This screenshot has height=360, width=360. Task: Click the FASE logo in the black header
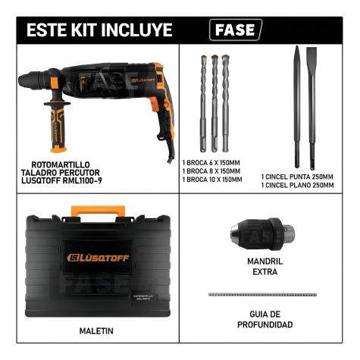tap(236, 30)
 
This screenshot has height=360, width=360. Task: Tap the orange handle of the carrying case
tap(98, 211)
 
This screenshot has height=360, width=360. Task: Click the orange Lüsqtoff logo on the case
tap(98, 258)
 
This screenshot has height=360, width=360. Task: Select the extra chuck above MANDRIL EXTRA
tap(263, 233)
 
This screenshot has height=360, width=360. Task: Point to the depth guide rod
tap(262, 295)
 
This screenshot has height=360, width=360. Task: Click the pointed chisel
tap(297, 107)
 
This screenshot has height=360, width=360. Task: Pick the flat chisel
tap(311, 108)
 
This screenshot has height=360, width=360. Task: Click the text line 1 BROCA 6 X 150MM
tap(211, 163)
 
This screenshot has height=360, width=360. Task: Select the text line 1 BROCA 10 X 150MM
tap(212, 180)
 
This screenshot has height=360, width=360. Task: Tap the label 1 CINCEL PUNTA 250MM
tap(297, 177)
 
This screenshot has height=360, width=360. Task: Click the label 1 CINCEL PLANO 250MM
tap(297, 186)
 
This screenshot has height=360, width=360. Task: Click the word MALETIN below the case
tap(96, 331)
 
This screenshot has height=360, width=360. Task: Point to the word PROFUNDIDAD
tap(265, 324)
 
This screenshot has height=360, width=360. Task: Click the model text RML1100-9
tap(81, 180)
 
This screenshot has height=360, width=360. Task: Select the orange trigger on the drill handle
tap(155, 105)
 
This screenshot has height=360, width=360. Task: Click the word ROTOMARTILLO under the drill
tap(61, 165)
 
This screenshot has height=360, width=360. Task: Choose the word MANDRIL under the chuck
tap(265, 261)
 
